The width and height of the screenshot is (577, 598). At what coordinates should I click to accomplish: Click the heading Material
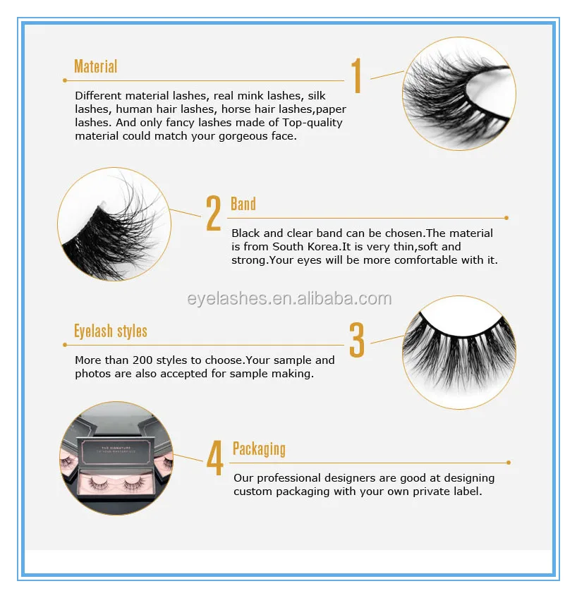click(95, 67)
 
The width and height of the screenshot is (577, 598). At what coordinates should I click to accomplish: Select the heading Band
click(243, 205)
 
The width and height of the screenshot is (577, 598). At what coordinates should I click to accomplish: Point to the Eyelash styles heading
click(111, 331)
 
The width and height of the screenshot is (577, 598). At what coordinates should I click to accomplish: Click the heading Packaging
click(259, 449)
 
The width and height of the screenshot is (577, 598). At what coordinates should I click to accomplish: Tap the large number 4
click(214, 458)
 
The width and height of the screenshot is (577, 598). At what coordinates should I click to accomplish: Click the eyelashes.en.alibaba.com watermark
click(289, 298)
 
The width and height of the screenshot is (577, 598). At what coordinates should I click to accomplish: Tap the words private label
click(448, 492)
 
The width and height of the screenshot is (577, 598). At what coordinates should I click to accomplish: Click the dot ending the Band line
click(506, 218)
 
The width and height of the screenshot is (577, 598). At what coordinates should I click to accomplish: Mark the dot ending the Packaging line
click(509, 463)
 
